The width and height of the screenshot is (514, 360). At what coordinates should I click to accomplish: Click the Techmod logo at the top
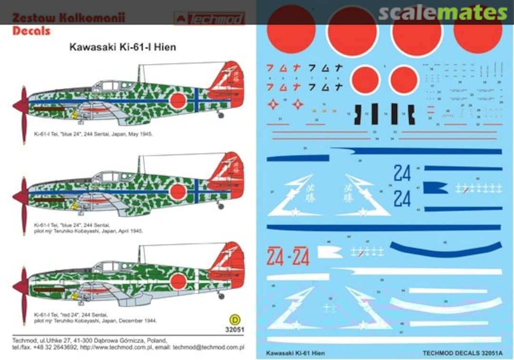209,19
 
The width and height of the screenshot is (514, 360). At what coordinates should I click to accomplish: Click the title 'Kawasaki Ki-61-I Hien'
123,47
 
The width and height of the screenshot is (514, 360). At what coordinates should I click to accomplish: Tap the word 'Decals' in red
31,31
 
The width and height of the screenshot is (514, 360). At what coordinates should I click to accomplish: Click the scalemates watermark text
443,13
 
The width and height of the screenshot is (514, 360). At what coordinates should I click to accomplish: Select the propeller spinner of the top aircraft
21,106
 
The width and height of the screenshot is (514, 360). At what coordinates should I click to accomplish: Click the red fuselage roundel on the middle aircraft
178,191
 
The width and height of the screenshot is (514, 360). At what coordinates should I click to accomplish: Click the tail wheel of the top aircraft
220,115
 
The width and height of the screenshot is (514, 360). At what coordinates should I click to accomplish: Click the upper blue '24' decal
402,173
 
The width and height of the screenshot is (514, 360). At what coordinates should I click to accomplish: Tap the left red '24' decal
275,257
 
